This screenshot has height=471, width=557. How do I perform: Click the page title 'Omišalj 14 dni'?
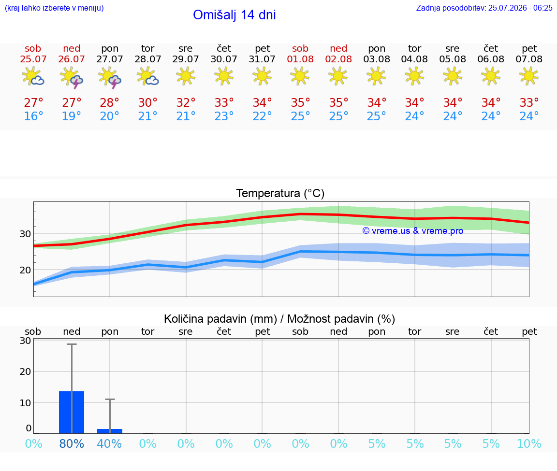[234, 15]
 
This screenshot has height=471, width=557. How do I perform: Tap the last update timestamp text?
[484, 8]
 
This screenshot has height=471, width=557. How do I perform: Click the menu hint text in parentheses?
[54, 8]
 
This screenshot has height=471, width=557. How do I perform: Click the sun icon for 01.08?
[300, 76]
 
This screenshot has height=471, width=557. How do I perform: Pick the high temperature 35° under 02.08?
[338, 102]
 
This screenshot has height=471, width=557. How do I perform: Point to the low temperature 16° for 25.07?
[33, 116]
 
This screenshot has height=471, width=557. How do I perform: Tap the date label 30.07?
[224, 59]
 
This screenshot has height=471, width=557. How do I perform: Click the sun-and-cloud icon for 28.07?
[147, 76]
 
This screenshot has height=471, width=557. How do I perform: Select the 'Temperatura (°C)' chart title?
[280, 193]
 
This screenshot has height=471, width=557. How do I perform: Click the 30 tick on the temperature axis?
[25, 234]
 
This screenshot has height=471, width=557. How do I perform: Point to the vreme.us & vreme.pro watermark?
[413, 231]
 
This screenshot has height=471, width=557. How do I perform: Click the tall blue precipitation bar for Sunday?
[72, 412]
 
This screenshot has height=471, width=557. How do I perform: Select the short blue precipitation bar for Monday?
[110, 431]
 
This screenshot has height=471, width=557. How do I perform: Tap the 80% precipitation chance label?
[72, 443]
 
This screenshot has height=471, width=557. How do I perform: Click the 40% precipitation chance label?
[109, 443]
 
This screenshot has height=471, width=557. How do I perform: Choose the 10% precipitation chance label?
[529, 443]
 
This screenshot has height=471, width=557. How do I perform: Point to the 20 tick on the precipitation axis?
[25, 371]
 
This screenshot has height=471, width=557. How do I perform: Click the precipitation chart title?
[279, 319]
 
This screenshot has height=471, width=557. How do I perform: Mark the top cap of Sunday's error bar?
[72, 344]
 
